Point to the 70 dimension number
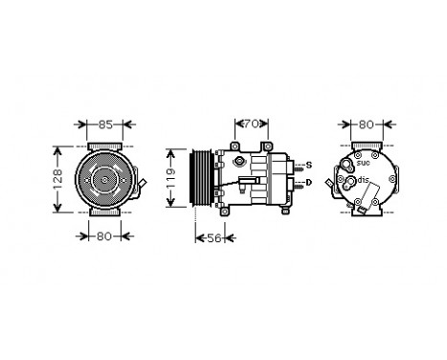click(x=250, y=124)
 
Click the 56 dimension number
click(x=214, y=238)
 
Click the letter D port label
click(x=308, y=182)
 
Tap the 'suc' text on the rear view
click(x=364, y=164)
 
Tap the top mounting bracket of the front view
click(x=104, y=144)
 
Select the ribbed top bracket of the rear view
click(x=363, y=145)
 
